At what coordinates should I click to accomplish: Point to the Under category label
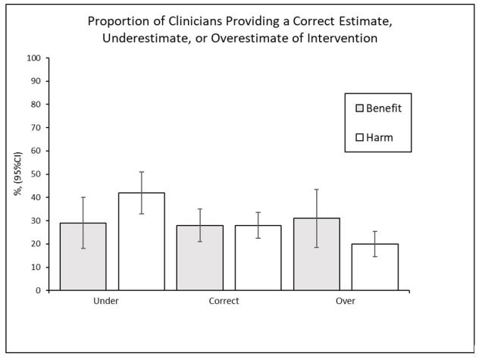106,301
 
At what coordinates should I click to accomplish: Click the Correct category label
224,301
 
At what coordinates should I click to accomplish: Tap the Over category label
346,301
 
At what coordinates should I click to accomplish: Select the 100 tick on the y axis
34,58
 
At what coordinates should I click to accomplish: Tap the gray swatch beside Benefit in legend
360,108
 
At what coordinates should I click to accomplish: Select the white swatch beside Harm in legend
360,138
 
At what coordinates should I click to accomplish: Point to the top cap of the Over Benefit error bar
317,189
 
